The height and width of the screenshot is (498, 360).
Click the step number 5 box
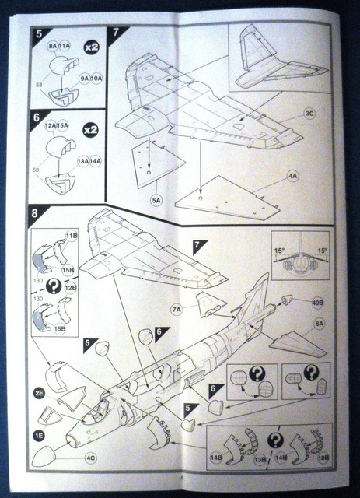tap(38, 36)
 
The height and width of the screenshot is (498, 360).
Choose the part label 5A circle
tap(157, 199)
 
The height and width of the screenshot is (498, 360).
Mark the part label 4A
tap(292, 177)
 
